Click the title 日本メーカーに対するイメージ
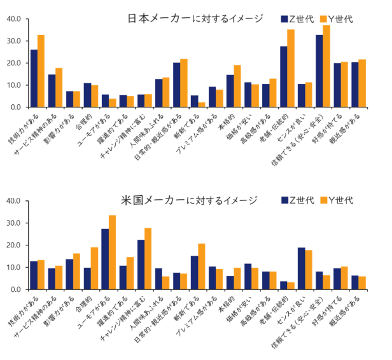(195, 18)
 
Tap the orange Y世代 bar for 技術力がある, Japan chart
(41, 71)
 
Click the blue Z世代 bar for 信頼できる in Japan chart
(319, 71)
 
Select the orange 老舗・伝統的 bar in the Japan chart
(291, 69)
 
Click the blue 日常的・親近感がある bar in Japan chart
(176, 85)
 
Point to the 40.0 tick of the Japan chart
(14, 19)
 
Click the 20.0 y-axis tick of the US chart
(14, 246)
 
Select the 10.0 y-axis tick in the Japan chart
(14, 85)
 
